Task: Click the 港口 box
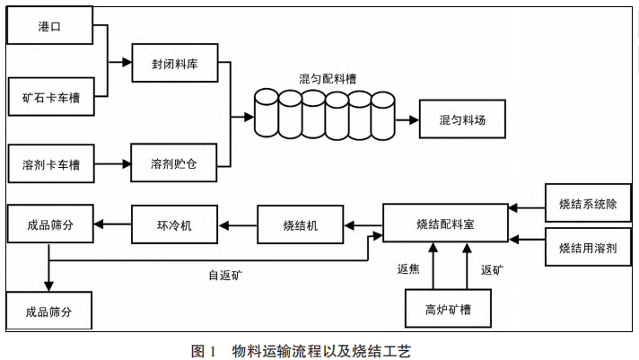50,27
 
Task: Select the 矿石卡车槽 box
50,97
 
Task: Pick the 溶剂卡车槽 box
50,165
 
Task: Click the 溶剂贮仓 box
174,165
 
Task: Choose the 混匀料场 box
461,119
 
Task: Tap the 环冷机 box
174,224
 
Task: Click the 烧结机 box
300,224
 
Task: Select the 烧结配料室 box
445,224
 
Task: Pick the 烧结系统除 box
587,203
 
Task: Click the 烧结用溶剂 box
587,248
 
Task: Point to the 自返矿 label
225,275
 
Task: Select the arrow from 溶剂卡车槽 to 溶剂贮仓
112,165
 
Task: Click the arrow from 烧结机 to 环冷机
237,224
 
